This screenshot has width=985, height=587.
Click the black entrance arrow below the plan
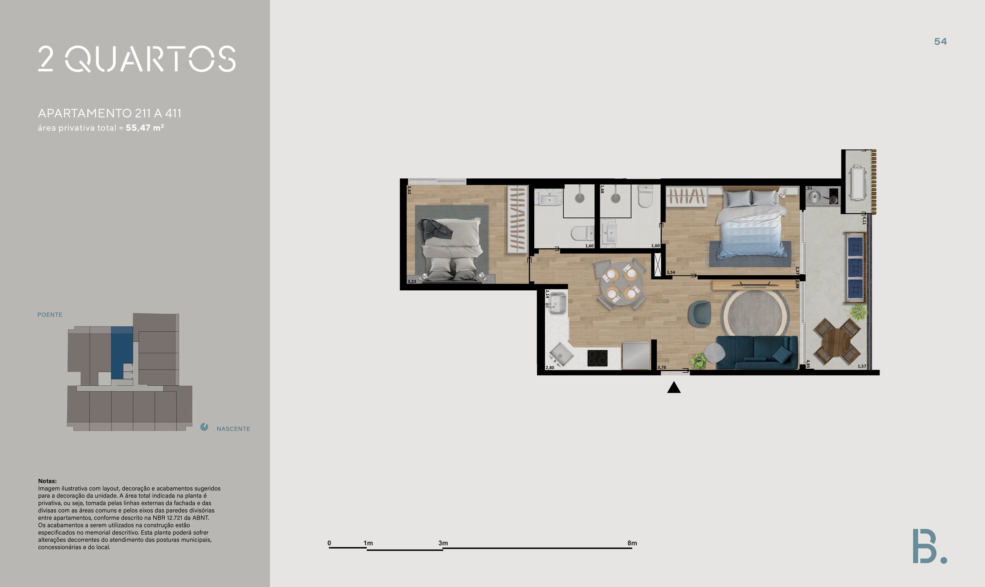point(674,388)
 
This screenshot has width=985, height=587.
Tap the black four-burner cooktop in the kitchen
point(597,358)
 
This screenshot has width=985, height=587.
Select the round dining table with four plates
point(621,284)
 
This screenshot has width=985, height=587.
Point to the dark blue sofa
point(757,353)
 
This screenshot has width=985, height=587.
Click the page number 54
point(940,41)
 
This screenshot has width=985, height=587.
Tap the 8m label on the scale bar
point(632,543)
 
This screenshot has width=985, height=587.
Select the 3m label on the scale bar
point(443,543)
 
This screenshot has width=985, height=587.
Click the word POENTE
point(50,315)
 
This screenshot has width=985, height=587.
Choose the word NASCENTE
point(233,429)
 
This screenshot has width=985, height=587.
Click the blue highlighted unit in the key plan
point(121,352)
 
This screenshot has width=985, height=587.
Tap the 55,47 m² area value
point(145,128)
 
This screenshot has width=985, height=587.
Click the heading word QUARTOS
point(151,59)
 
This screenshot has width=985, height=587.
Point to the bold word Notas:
point(47,481)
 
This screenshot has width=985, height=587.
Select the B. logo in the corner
point(929,546)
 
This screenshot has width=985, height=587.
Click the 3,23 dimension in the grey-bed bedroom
point(412,282)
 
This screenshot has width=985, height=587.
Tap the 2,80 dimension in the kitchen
point(550,368)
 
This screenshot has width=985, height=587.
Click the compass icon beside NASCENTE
point(204,427)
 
